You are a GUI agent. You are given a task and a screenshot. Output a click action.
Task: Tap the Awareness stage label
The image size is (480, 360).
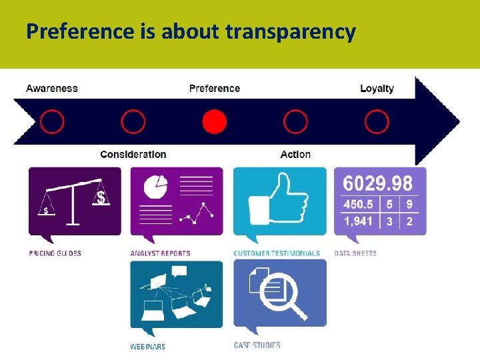point(52,89)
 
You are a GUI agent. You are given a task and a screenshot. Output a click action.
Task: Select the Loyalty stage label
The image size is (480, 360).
point(377,89)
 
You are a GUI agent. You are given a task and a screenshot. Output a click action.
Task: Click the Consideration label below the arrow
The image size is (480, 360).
point(133,155)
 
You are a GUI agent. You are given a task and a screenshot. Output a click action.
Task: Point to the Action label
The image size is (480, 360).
point(295,155)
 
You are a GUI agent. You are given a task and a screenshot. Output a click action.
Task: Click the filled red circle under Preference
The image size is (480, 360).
point(214,122)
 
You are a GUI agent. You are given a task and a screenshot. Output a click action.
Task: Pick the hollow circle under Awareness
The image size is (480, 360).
point(52,122)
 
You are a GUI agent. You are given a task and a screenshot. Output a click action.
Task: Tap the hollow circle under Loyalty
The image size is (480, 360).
point(377,122)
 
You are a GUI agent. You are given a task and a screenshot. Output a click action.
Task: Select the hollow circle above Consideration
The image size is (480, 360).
point(133,122)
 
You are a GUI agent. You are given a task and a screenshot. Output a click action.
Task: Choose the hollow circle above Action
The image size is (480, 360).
point(295,122)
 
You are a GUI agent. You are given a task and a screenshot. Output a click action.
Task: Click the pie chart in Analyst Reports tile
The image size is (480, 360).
point(156,186)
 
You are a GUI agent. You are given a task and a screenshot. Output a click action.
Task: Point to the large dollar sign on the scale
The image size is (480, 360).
point(101,197)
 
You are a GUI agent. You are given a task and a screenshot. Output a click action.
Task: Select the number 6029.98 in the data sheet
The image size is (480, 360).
point(377,183)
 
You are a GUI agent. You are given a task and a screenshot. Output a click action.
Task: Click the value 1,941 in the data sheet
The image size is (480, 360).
point(359,221)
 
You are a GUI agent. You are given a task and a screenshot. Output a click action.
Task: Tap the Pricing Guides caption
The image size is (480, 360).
point(55,253)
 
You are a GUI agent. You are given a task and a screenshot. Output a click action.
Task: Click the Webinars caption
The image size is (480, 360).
point(148,347)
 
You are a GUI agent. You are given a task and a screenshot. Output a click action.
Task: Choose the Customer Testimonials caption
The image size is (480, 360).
point(277,253)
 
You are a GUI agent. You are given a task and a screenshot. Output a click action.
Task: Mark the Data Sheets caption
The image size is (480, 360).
point(355,253)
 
